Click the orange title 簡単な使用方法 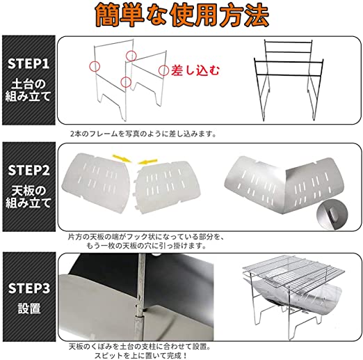point(182,15)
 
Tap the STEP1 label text point(29,63)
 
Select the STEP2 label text point(29,170)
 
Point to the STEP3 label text point(29,288)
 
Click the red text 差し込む point(195,70)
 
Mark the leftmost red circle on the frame point(95,66)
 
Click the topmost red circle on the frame point(131,56)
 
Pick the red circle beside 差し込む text point(163,70)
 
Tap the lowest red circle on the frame point(126,82)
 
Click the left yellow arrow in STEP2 point(122,158)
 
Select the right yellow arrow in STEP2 point(148,162)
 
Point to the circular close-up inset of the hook point(332,215)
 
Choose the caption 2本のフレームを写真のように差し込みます point(143,134)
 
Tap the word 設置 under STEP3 point(29,308)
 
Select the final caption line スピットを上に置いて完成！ point(140,355)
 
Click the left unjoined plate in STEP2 point(97,182)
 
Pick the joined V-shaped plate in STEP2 point(284,183)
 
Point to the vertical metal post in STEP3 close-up point(140,297)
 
